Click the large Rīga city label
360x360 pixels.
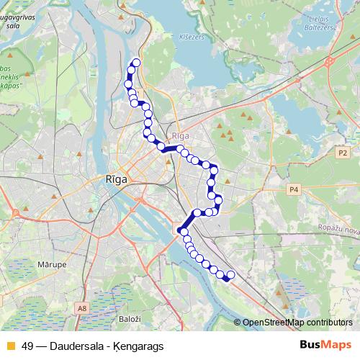[x=116, y=180]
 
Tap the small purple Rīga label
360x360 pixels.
[x=180, y=135]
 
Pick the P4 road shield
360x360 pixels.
[x=293, y=189]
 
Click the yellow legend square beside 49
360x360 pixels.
[x=10, y=346]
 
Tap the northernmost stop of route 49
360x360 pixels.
[x=135, y=63]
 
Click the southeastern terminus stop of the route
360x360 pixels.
[x=230, y=276]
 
